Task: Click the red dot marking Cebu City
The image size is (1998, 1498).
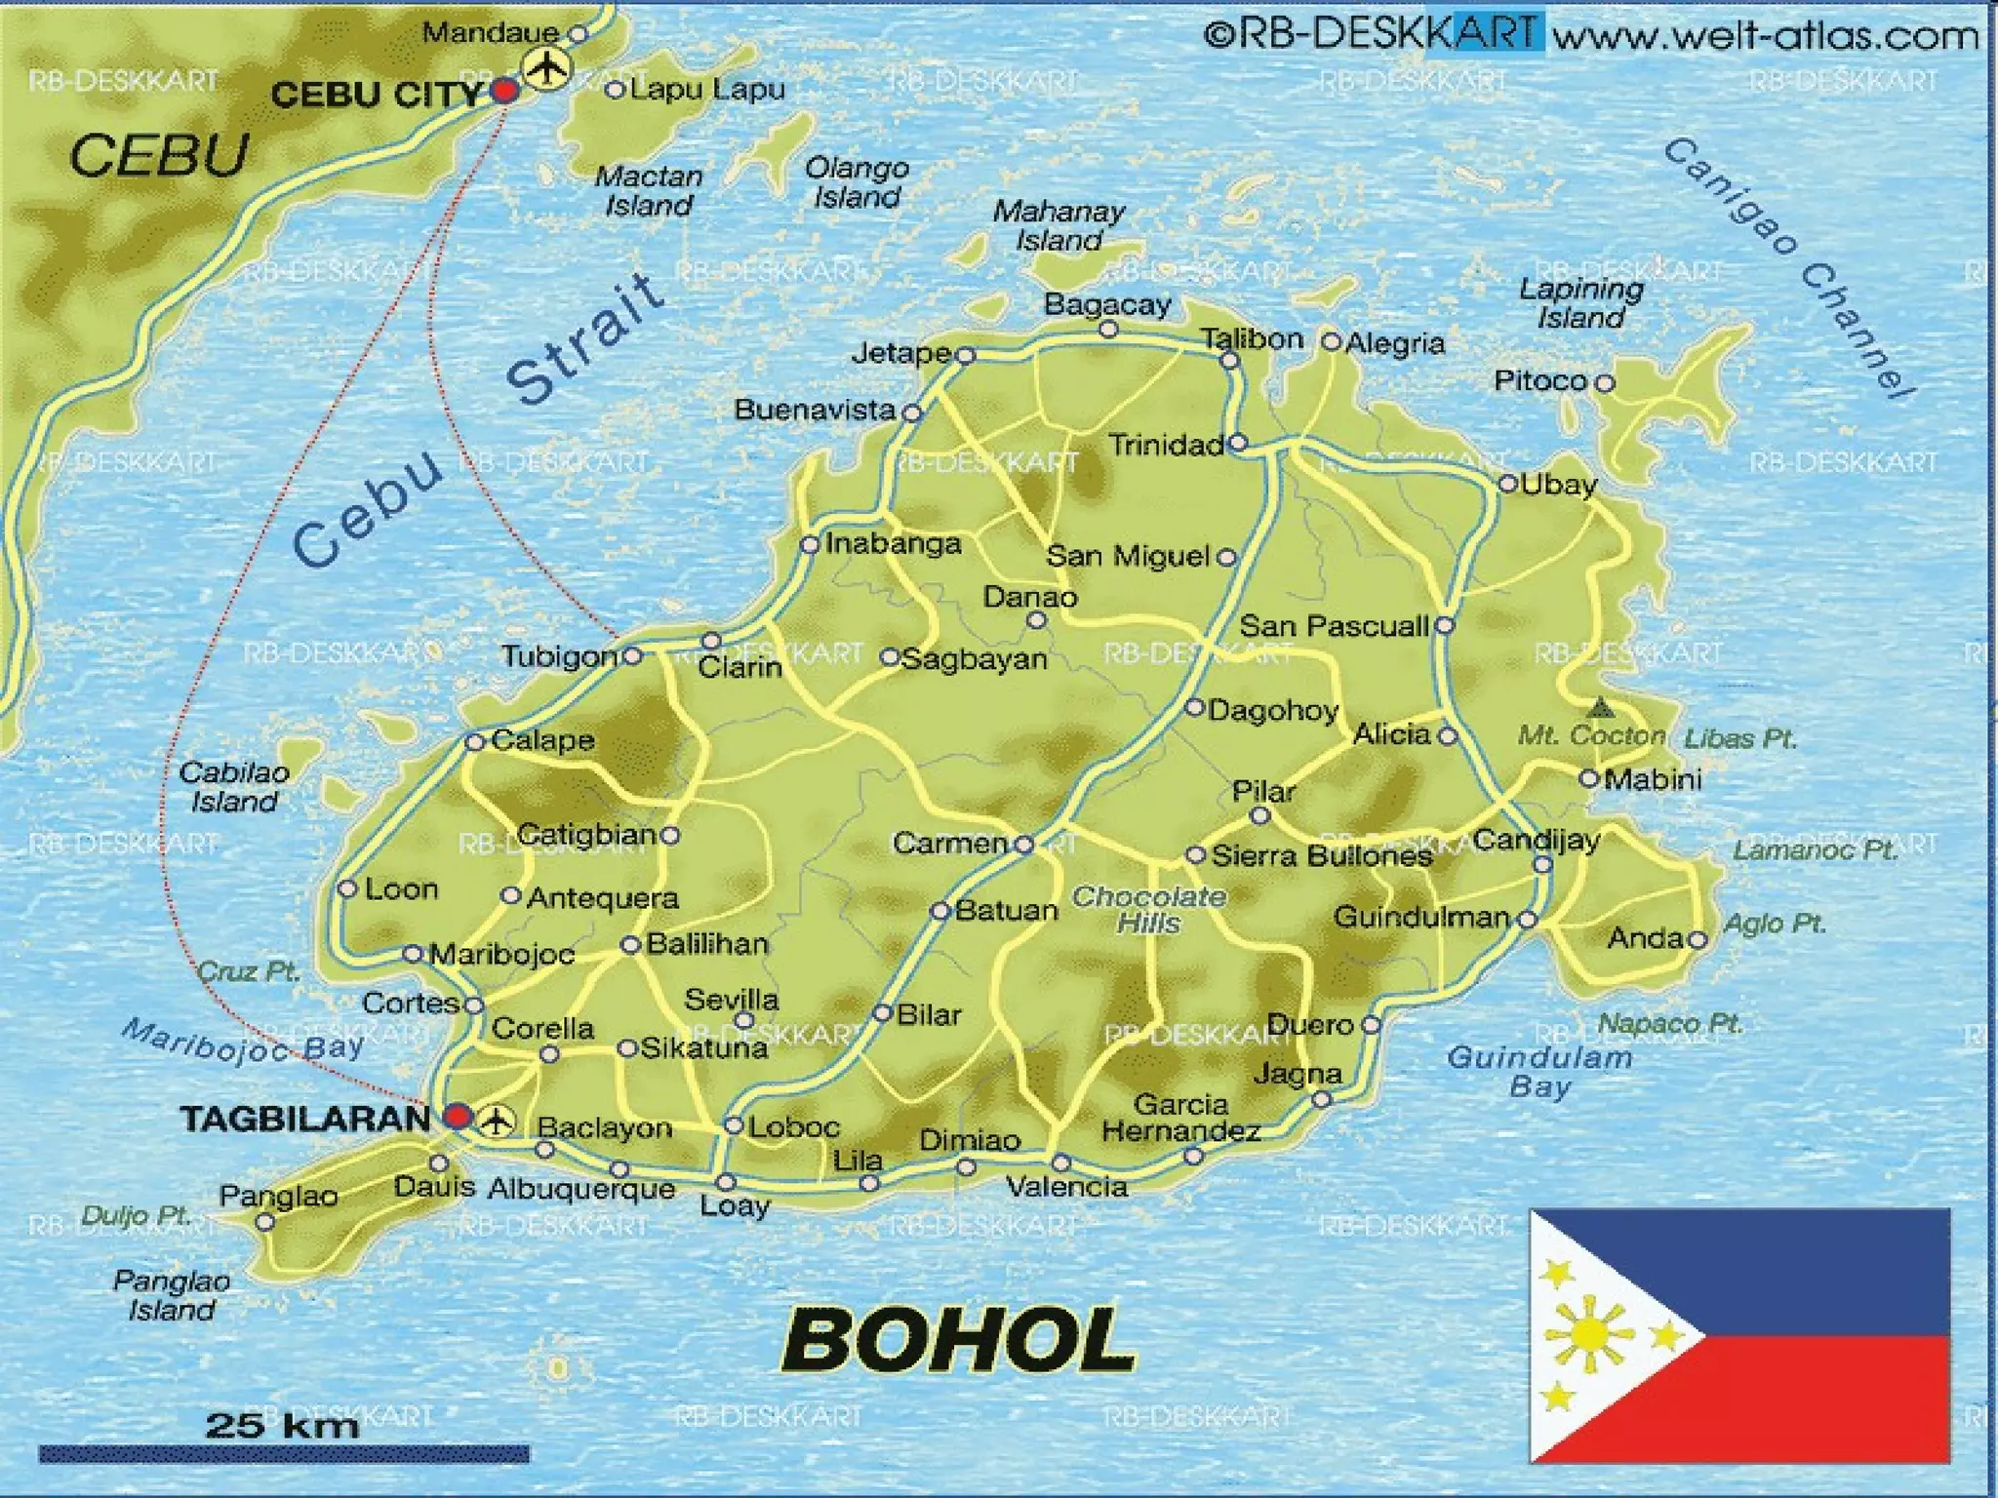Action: [x=504, y=92]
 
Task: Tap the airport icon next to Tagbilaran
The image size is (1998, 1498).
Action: [x=499, y=1120]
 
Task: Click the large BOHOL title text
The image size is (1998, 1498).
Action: [x=959, y=1340]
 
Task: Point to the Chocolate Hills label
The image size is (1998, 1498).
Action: [x=1149, y=909]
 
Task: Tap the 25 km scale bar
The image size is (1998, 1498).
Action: [x=283, y=1453]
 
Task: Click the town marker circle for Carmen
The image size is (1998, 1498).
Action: [x=1023, y=845]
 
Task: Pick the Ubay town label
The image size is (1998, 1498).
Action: [x=1559, y=485]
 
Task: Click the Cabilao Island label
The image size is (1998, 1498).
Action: [x=234, y=787]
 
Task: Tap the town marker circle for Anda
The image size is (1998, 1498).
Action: [x=1698, y=939]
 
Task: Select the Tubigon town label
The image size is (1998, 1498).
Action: [x=560, y=656]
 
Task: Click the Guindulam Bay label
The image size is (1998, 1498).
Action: [x=1538, y=1071]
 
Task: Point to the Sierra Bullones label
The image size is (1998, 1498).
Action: [x=1322, y=856]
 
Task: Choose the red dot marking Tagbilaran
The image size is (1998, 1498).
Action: [x=457, y=1117]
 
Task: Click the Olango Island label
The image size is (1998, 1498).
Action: [x=857, y=182]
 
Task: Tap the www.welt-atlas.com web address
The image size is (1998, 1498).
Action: [x=1765, y=36]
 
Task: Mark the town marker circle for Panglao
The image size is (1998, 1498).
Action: [x=264, y=1221]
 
